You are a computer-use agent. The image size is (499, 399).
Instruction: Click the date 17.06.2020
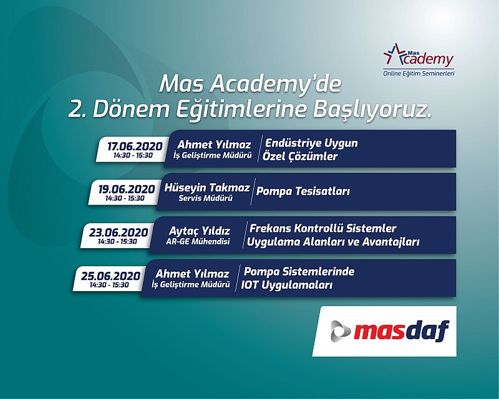click(x=135, y=146)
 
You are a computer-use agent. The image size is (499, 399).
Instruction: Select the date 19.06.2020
click(x=127, y=189)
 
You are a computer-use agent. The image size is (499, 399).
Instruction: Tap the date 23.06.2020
click(x=119, y=233)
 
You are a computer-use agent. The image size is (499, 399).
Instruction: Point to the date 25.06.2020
click(x=110, y=276)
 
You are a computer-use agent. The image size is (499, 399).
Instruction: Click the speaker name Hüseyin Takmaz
click(x=207, y=188)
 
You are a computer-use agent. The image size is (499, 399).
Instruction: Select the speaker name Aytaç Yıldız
click(x=199, y=231)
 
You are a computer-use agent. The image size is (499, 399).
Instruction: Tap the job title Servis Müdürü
click(x=206, y=198)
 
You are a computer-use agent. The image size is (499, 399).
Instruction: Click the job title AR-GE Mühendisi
click(x=198, y=241)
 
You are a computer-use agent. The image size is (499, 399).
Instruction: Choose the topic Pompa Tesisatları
click(x=303, y=191)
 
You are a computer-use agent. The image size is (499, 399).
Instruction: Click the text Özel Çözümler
click(x=300, y=156)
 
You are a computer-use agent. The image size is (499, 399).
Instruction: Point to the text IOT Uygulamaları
click(x=287, y=285)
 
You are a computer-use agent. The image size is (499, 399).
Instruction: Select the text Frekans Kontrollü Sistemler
click(x=323, y=228)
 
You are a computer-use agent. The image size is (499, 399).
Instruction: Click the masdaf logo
click(x=390, y=331)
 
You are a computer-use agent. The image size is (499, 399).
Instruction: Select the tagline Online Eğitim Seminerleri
click(x=419, y=74)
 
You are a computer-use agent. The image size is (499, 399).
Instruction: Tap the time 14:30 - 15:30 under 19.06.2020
click(x=125, y=198)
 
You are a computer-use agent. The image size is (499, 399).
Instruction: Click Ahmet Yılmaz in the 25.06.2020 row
click(x=193, y=274)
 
